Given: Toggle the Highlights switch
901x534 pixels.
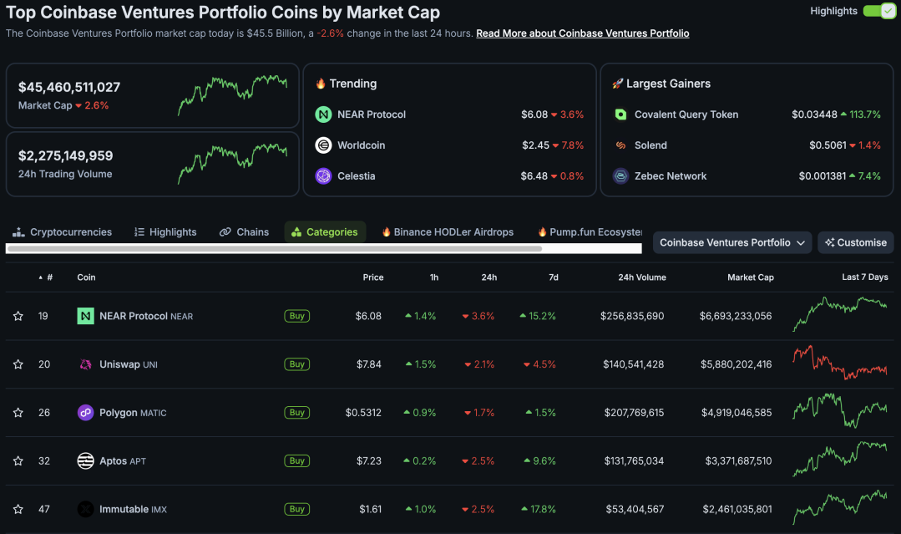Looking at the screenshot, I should (x=878, y=11).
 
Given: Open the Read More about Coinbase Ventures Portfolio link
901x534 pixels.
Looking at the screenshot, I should (x=582, y=33).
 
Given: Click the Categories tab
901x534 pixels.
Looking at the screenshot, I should (x=325, y=232).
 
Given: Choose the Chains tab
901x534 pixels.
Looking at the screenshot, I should (x=244, y=232).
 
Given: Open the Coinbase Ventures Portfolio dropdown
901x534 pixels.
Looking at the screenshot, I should (x=732, y=242).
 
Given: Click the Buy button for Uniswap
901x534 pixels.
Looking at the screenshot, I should (x=296, y=364).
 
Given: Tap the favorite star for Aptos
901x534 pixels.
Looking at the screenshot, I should (x=18, y=461).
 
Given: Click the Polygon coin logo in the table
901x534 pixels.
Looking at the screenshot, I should (x=85, y=413).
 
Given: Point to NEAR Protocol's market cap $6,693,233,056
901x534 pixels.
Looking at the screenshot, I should (x=736, y=316).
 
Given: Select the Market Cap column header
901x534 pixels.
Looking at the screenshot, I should (x=750, y=277).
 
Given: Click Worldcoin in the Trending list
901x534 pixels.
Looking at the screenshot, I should (x=361, y=145).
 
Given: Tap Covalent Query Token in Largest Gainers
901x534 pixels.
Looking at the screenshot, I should (x=686, y=114).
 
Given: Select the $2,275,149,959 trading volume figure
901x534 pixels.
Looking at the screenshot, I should (x=65, y=155).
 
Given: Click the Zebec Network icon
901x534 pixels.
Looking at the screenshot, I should (x=620, y=176).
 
